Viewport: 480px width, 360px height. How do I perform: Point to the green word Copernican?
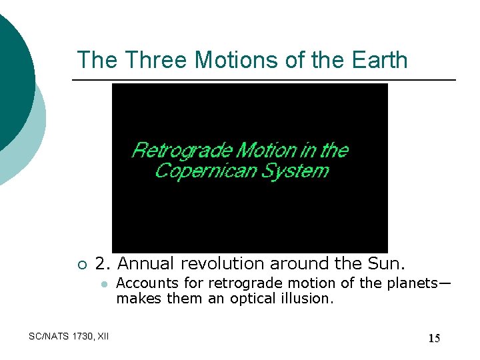click(x=200, y=171)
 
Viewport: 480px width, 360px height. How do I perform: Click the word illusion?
click(x=309, y=299)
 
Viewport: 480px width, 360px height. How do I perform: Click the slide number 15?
click(x=434, y=339)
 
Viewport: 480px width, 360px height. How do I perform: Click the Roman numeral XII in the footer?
click(x=103, y=337)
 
